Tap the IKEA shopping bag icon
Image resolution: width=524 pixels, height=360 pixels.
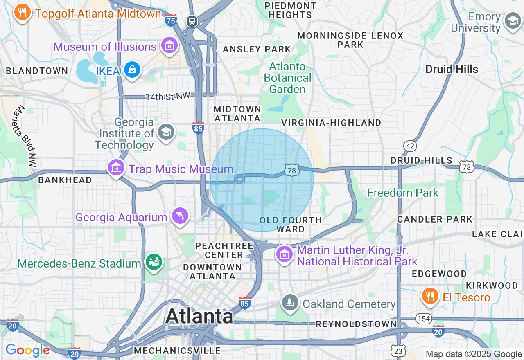(132, 70)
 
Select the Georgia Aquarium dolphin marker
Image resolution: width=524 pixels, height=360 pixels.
(180, 216)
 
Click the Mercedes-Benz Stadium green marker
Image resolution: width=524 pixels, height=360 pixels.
(154, 262)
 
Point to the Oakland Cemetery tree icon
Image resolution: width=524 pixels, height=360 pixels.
(290, 303)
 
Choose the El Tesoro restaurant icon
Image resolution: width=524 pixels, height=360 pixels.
(430, 296)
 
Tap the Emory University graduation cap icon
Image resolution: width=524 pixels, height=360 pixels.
(513, 21)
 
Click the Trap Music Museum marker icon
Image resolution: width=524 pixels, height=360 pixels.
(117, 168)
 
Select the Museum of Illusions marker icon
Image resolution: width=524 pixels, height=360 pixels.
(169, 45)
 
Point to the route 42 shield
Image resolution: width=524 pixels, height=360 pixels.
(410, 146)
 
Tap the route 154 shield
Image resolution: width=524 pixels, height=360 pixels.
(423, 318)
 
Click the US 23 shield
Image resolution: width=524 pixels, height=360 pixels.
(398, 350)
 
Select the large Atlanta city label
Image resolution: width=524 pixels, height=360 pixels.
(199, 316)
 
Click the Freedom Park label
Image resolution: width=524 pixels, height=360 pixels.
(403, 193)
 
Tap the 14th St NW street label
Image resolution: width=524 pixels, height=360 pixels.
(168, 97)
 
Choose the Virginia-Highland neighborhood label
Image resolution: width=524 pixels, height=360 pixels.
(331, 123)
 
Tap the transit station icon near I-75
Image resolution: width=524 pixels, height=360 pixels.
(192, 21)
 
